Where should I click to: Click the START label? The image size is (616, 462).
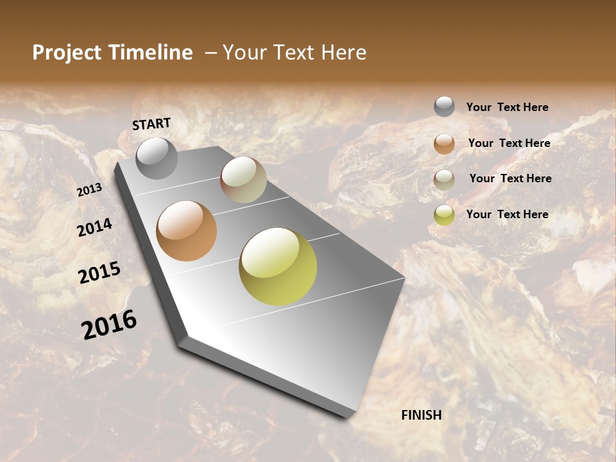[151, 124]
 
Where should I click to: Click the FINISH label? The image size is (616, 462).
[422, 415]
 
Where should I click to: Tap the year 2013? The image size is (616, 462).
[89, 190]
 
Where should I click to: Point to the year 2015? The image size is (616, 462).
[99, 273]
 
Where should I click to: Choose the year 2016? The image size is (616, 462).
[109, 324]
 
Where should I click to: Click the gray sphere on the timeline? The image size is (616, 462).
[157, 158]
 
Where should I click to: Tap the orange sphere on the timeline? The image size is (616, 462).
[186, 231]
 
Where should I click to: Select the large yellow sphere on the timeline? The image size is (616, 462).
[278, 266]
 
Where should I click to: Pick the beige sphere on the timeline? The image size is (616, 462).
[243, 180]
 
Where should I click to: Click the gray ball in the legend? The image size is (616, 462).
[444, 107]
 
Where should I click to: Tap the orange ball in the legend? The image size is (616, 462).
[444, 143]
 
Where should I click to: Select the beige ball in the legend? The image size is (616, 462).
[444, 179]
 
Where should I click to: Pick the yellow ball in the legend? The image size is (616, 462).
[444, 214]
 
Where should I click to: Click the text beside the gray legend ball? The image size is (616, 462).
[507, 107]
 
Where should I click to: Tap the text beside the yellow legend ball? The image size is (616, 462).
[507, 214]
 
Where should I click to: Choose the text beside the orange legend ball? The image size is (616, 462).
[509, 143]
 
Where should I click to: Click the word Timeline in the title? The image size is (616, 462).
[151, 53]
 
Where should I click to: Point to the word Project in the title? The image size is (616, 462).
[66, 53]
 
